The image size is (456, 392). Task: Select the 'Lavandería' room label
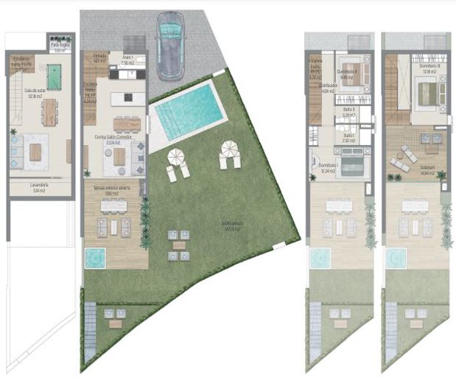click(41, 186)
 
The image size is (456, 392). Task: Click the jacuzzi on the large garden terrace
click(94, 258)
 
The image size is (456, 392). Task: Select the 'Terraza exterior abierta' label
click(112, 189)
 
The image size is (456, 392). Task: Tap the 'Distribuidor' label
click(329, 86)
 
